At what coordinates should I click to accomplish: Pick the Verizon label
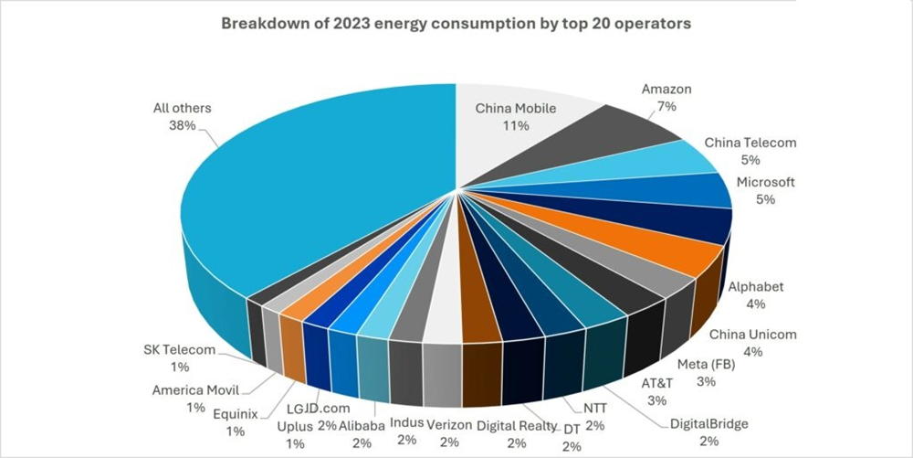(x=448, y=423)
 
